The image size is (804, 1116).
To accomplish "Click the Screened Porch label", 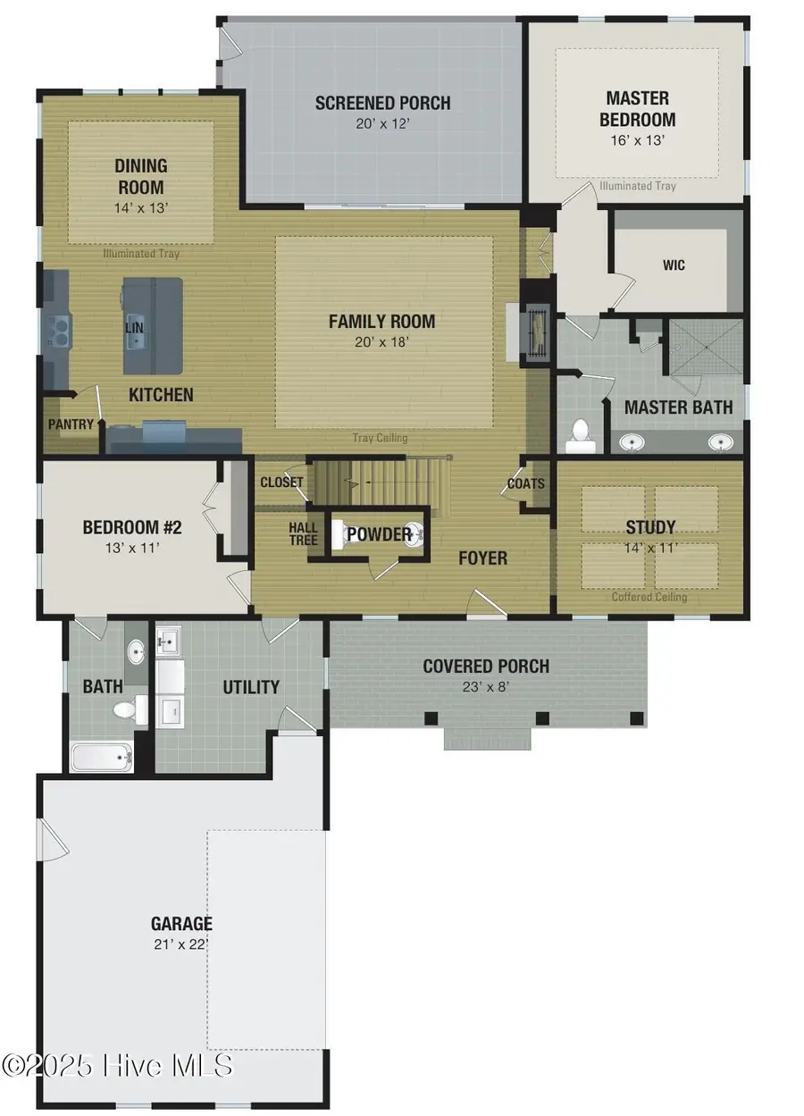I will pyautogui.click(x=382, y=103).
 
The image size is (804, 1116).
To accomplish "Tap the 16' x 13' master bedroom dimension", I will pyautogui.click(x=637, y=140).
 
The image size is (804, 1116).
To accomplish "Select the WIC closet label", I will pyautogui.click(x=674, y=265).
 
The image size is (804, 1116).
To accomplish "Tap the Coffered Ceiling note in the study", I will pyautogui.click(x=649, y=597).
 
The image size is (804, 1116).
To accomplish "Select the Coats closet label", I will pyautogui.click(x=525, y=483).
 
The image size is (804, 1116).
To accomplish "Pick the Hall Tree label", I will pyautogui.click(x=303, y=533).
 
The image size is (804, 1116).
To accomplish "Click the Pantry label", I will pyautogui.click(x=71, y=424).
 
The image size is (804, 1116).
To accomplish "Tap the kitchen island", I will pyautogui.click(x=153, y=326).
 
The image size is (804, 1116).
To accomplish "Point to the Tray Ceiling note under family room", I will pyautogui.click(x=380, y=438).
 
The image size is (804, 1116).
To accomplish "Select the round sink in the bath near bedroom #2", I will pyautogui.click(x=135, y=653).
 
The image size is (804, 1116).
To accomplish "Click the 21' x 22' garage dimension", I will pyautogui.click(x=181, y=944).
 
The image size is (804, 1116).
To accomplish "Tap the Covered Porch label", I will pyautogui.click(x=486, y=667).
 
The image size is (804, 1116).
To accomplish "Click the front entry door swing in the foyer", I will pyautogui.click(x=488, y=603).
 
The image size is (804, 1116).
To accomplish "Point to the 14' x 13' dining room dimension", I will pyautogui.click(x=141, y=207).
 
